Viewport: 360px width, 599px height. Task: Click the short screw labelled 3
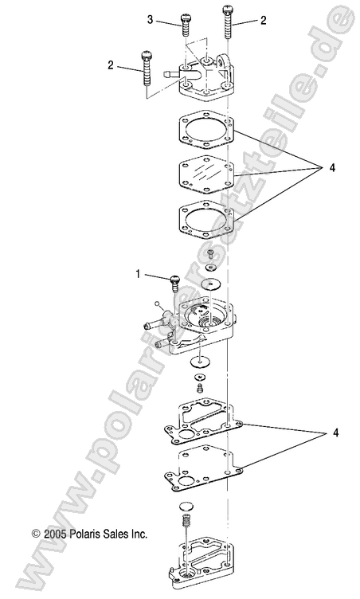pyautogui.click(x=186, y=25)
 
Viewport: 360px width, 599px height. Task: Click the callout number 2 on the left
pyautogui.click(x=111, y=65)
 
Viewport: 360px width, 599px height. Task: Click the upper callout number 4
pyautogui.click(x=323, y=168)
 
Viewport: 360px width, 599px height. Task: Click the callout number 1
pyautogui.click(x=137, y=274)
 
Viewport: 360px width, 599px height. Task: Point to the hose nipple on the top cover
pyautogui.click(x=169, y=73)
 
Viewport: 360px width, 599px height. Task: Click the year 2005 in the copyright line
pyautogui.click(x=59, y=534)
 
